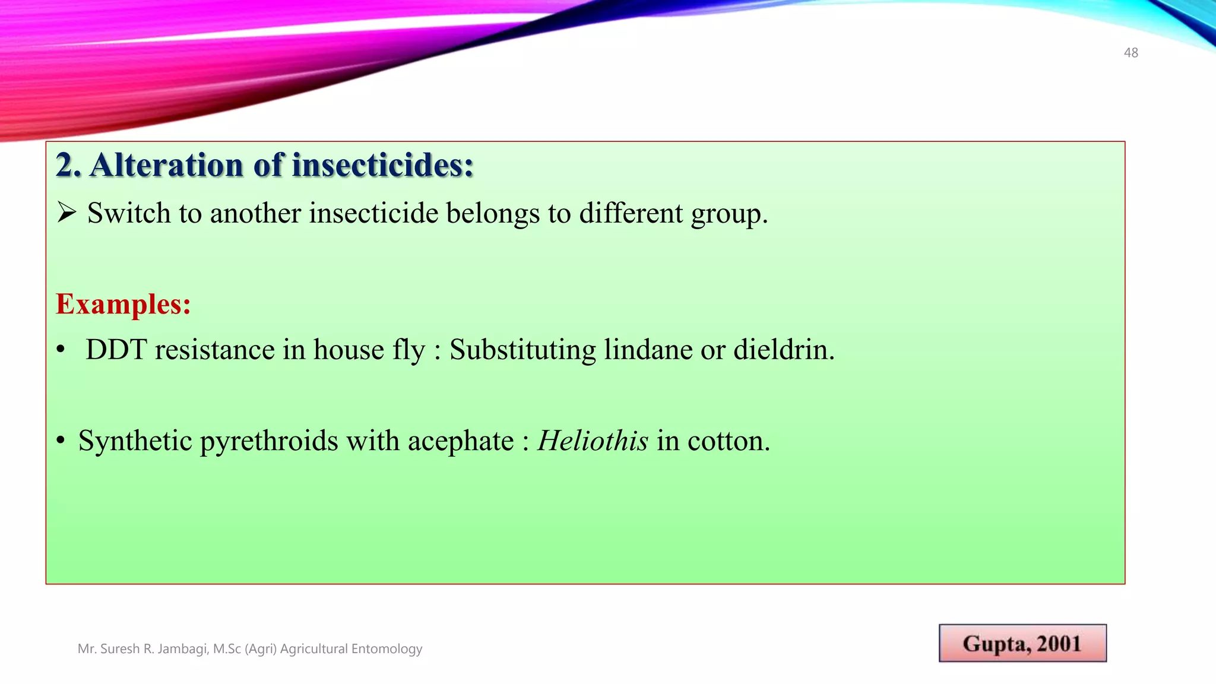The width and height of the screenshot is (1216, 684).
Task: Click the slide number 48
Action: coord(1130,53)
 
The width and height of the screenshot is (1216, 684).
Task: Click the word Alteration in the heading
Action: coord(166,165)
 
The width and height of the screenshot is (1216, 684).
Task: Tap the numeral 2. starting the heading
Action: coord(68,165)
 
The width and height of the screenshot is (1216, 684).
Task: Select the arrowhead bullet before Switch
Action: coord(66,213)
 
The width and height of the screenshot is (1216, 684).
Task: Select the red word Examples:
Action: coord(123,305)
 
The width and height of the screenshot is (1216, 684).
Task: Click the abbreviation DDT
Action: coord(116,350)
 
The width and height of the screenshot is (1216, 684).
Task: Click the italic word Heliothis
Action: coord(593,441)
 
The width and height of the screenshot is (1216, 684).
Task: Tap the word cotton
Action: coord(728,441)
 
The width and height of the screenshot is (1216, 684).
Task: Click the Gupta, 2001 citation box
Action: coord(1022,643)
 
